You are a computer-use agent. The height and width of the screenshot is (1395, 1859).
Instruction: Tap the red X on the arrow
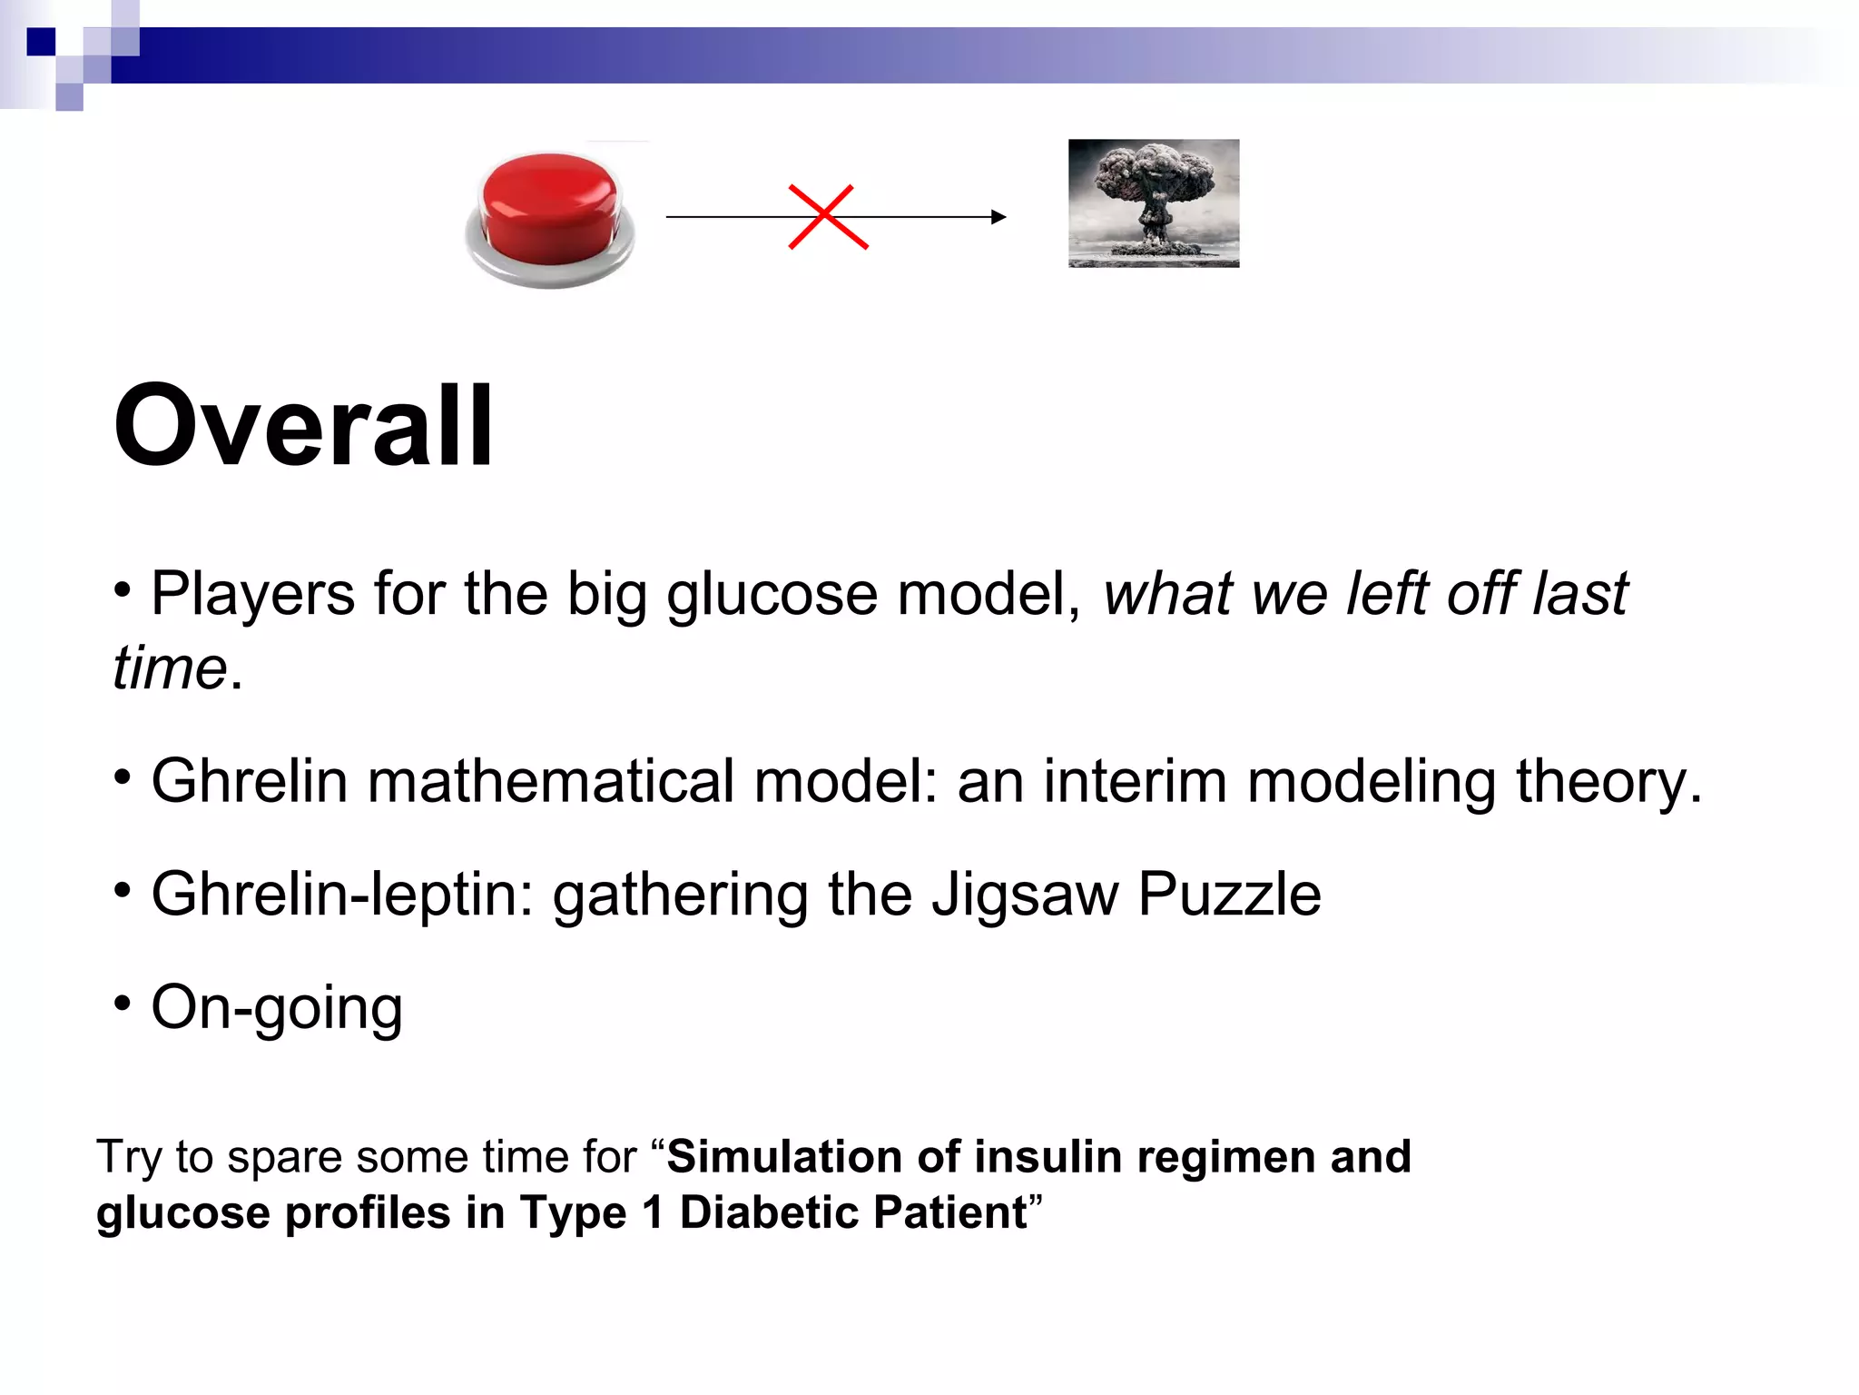pyautogui.click(x=828, y=217)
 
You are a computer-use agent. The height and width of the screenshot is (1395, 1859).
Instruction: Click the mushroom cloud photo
pyautogui.click(x=1154, y=203)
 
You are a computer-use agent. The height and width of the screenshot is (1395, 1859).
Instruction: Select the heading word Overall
pyautogui.click(x=303, y=426)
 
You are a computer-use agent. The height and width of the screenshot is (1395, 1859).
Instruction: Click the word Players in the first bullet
pyautogui.click(x=252, y=595)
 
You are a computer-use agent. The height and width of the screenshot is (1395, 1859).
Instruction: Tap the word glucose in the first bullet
pyautogui.click(x=772, y=595)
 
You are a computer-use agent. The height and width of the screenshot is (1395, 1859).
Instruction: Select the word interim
pyautogui.click(x=1134, y=781)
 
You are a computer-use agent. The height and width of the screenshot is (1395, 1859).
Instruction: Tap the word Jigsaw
pyautogui.click(x=1025, y=895)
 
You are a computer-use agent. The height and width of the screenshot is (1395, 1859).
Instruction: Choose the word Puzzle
pyautogui.click(x=1229, y=895)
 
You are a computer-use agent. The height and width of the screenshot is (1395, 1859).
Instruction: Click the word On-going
pyautogui.click(x=277, y=1008)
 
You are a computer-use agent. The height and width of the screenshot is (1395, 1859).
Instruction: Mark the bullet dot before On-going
pyautogui.click(x=123, y=1003)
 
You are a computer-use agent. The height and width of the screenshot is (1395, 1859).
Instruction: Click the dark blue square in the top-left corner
pyautogui.click(x=41, y=42)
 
